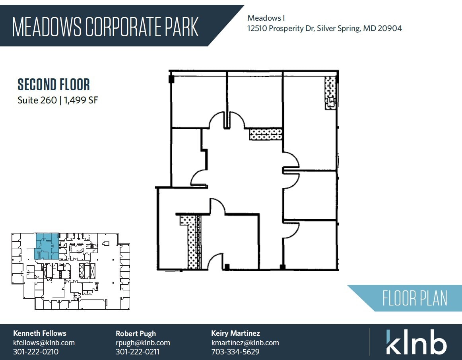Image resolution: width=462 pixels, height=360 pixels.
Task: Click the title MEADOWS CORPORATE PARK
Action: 105,27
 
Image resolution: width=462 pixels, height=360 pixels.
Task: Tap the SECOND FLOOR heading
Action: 54,85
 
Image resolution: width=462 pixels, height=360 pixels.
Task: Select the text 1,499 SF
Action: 81,100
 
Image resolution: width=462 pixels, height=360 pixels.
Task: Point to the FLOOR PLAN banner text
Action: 415,298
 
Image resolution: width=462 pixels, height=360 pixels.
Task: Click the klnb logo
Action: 416,342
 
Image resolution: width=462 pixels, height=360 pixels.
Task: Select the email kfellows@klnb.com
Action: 44,342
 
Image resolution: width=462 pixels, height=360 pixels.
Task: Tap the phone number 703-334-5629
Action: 235,352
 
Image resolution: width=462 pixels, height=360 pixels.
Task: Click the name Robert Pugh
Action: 136,334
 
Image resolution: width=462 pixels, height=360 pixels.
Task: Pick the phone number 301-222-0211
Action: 137,352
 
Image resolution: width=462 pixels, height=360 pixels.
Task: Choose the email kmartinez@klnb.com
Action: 245,342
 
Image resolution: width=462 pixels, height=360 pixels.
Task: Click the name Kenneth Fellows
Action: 40,333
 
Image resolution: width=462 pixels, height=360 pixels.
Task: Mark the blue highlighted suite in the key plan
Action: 47,246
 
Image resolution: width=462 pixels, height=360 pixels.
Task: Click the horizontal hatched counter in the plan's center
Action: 266,134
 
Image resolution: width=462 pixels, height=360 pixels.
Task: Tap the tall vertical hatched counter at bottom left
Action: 193,242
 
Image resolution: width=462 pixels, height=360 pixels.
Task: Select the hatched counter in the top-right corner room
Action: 330,93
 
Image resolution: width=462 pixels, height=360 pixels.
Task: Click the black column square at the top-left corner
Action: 171,79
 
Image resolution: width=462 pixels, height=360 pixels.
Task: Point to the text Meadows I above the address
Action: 266,18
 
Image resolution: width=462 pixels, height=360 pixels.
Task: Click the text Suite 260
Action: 37,100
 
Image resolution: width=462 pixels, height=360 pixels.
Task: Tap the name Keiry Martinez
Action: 235,333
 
